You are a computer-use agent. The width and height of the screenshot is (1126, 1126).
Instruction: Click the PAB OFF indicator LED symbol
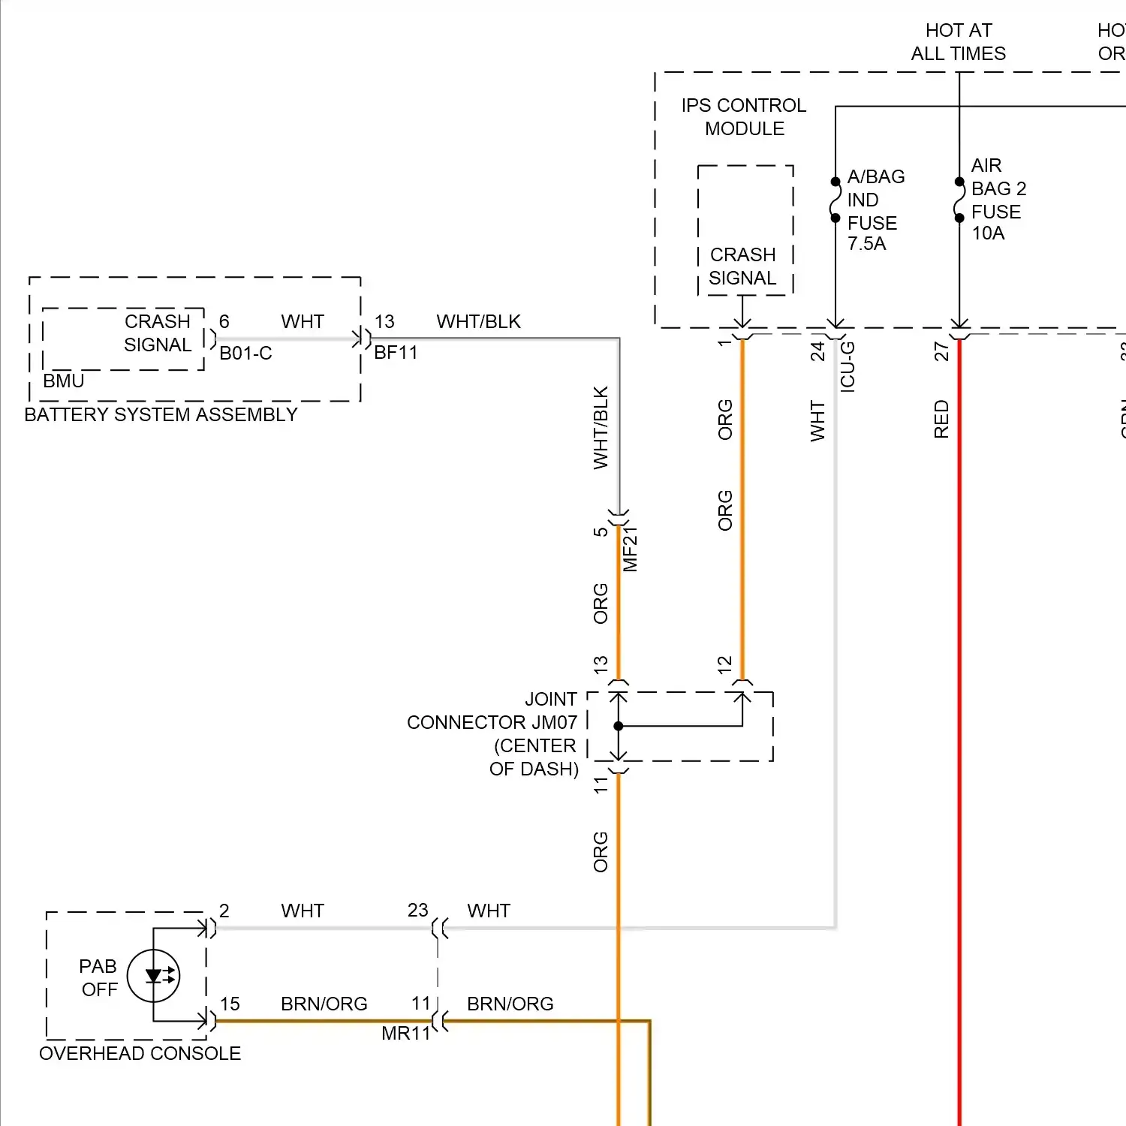[154, 976]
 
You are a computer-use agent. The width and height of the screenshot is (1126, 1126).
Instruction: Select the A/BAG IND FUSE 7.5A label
[875, 210]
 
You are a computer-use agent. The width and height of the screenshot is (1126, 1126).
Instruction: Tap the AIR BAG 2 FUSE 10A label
[998, 199]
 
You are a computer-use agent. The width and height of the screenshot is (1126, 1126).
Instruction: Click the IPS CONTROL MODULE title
[743, 117]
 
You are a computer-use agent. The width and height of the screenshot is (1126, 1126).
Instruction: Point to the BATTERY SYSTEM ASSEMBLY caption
[161, 415]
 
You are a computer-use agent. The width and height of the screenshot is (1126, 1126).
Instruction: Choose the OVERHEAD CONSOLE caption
[140, 1054]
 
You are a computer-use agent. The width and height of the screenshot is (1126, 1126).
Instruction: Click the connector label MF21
[631, 549]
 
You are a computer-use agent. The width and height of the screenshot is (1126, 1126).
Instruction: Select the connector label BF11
[396, 353]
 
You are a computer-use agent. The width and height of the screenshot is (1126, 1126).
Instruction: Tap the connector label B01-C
[245, 354]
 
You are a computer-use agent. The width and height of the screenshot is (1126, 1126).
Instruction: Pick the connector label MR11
[405, 1034]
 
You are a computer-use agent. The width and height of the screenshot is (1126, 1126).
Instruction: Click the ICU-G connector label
[848, 366]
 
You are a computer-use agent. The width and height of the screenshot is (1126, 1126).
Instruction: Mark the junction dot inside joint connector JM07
[619, 726]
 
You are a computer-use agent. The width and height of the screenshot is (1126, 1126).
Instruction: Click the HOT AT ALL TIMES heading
[959, 42]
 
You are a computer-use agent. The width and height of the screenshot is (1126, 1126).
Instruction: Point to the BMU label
[63, 381]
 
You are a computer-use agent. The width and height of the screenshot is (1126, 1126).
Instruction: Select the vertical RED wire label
[941, 419]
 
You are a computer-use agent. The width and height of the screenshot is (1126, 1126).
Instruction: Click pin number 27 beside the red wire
[941, 351]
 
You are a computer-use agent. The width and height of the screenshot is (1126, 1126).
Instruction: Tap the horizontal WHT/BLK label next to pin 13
[478, 322]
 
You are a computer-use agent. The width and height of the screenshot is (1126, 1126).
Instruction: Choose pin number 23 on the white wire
[417, 911]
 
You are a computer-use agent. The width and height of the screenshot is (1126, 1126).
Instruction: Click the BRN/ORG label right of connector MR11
[510, 1004]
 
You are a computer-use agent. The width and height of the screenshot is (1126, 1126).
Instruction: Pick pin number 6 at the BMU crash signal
[224, 322]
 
